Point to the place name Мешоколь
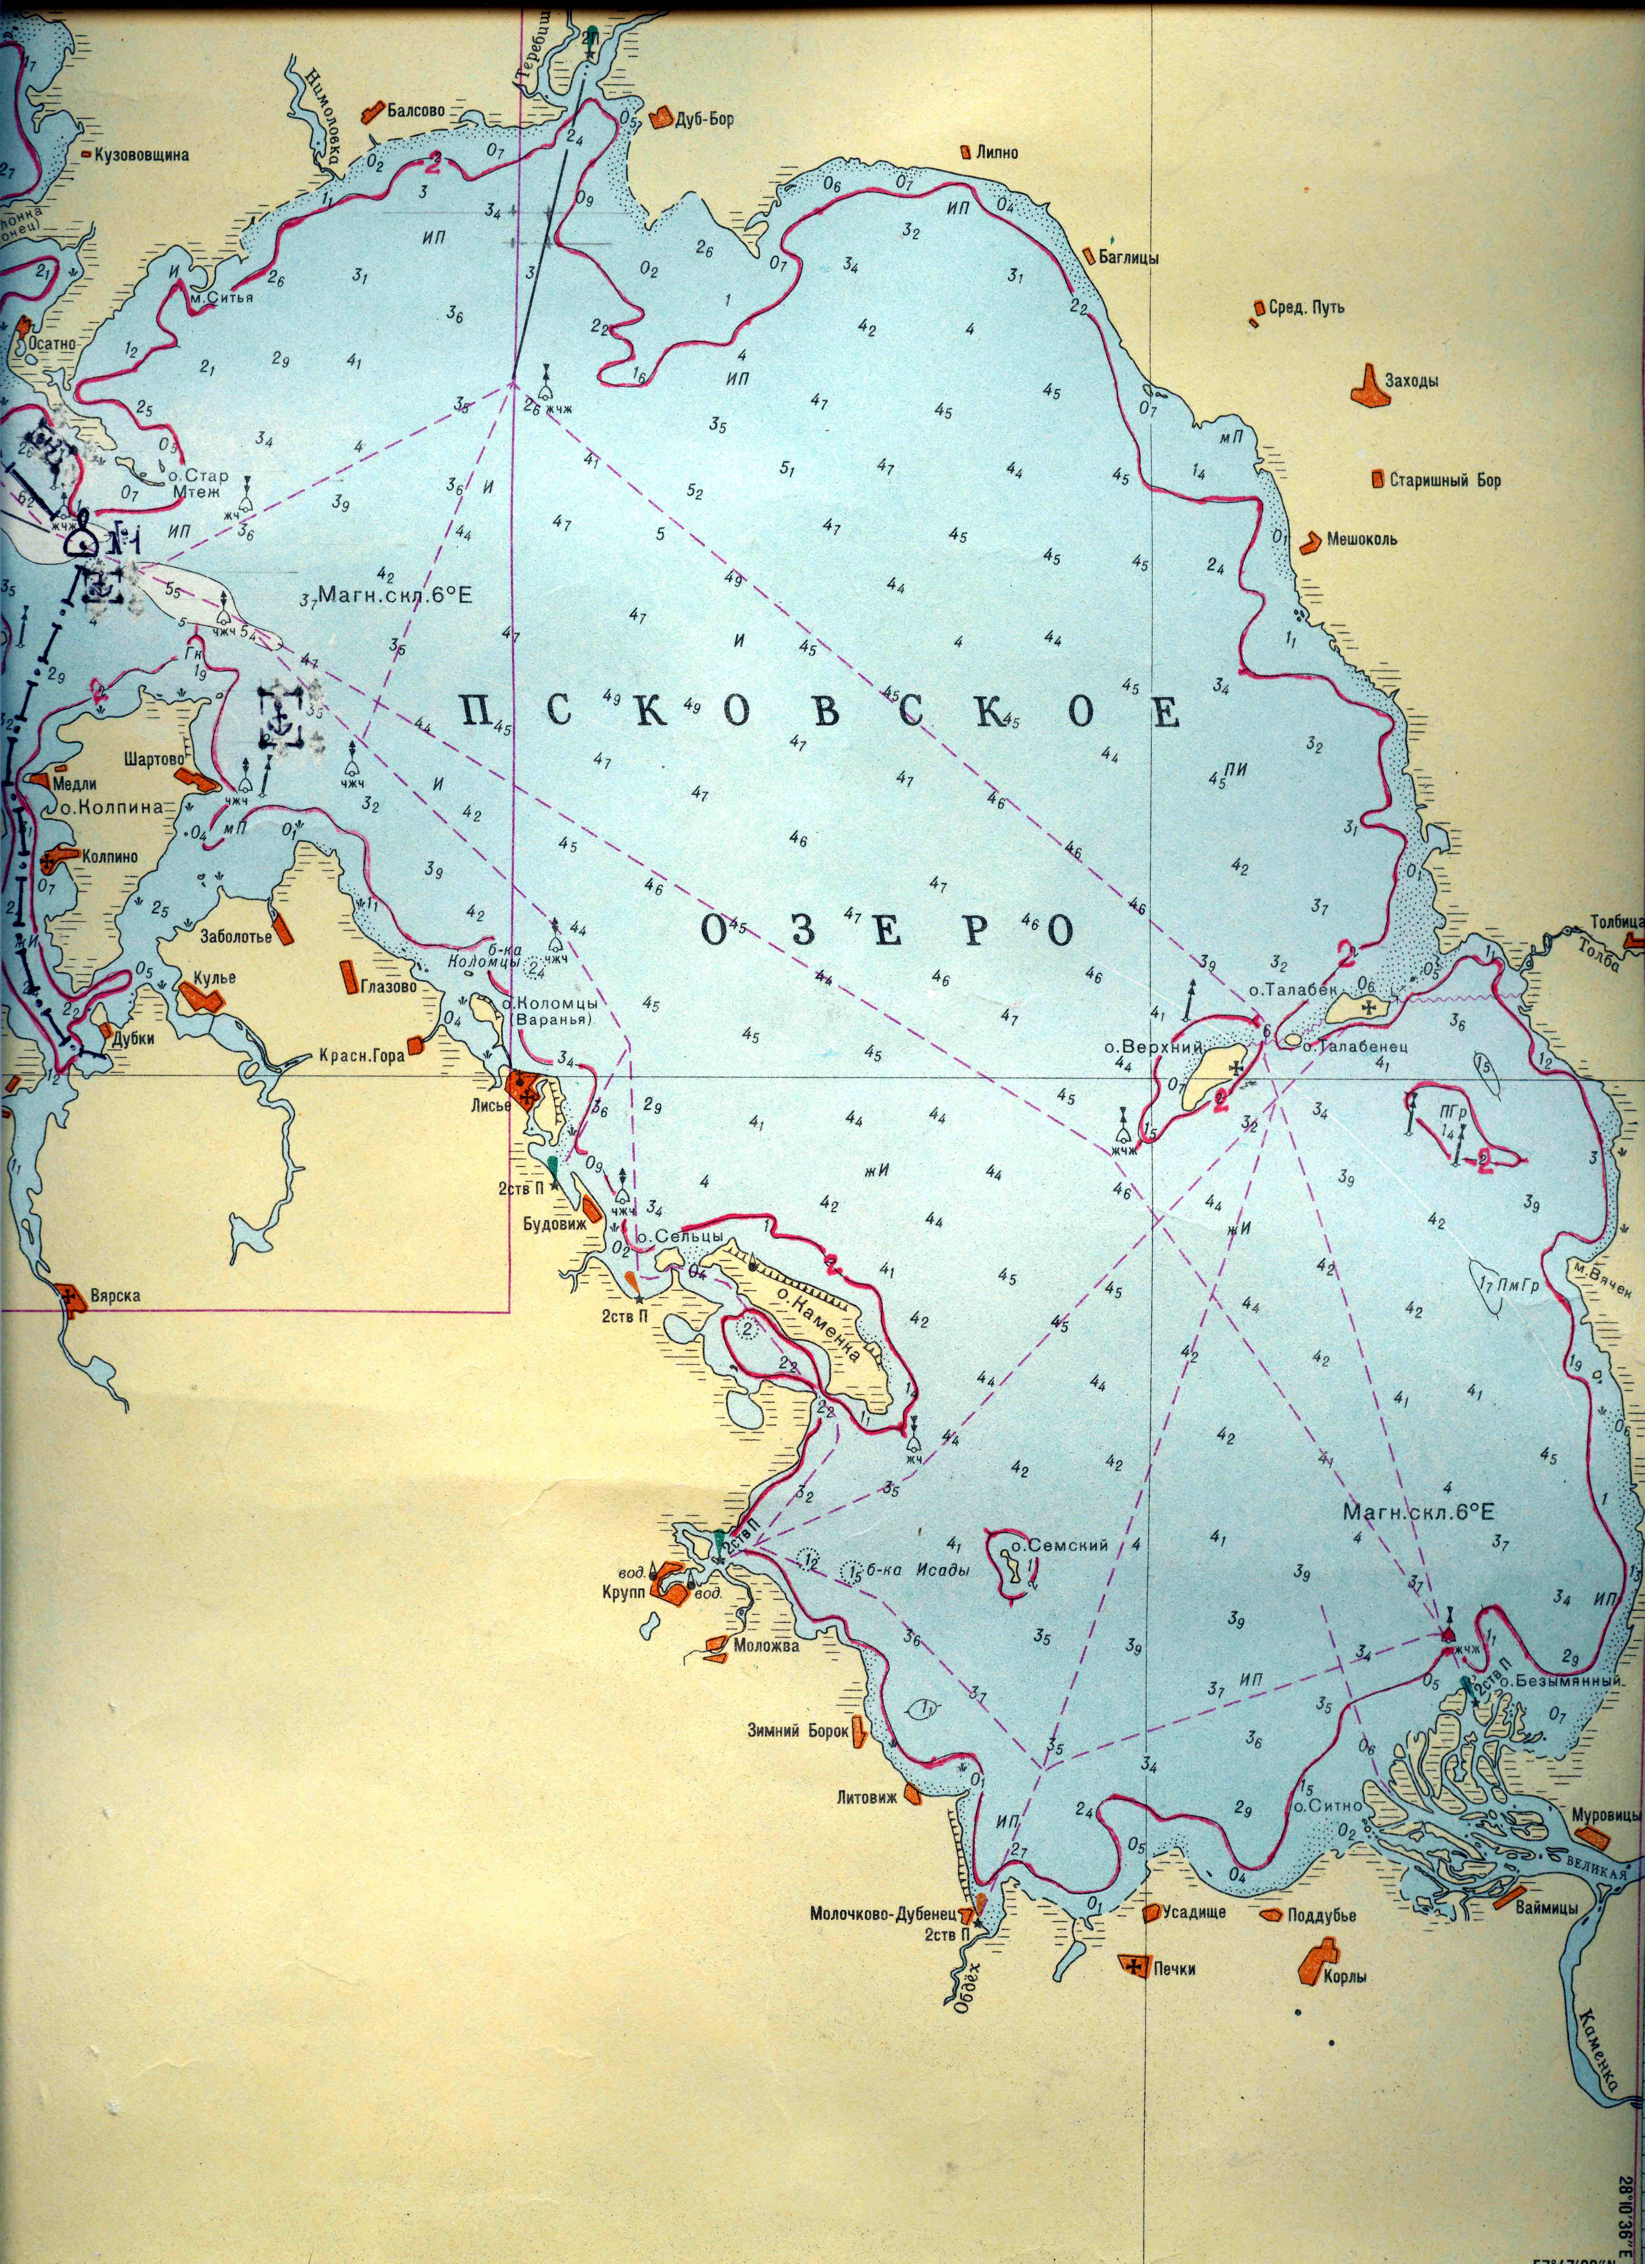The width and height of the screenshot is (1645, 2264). click(x=1361, y=539)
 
